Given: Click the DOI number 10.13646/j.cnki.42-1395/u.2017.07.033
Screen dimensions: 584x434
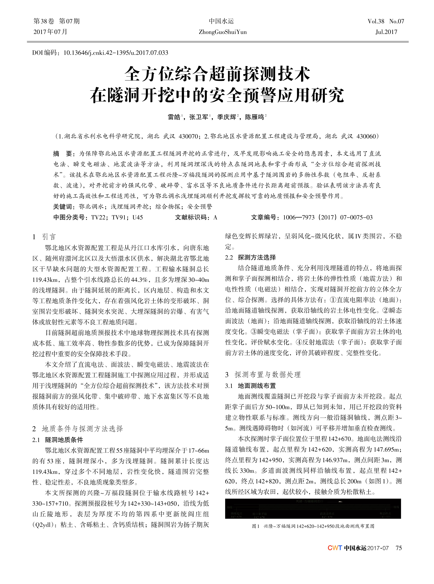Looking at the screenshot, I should pos(116,53).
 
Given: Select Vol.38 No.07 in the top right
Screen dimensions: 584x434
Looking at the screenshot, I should pos(386,21).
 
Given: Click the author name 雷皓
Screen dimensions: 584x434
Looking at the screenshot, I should pos(174,117).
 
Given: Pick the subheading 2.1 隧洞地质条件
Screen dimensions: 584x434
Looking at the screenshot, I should pos(58,440).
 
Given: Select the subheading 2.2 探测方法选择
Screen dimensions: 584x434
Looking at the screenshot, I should pos(250,257).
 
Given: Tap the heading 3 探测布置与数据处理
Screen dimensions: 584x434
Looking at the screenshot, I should pos(263,375).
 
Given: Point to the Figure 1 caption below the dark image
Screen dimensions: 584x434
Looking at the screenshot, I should pos(313,526).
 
